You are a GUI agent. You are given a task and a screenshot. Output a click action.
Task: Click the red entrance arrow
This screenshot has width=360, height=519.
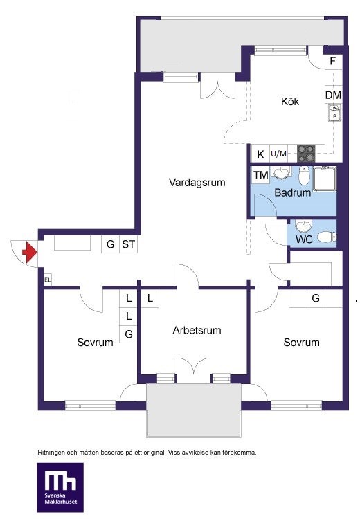pos(30,252)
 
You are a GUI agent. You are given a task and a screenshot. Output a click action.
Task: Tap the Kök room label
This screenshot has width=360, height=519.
pos(290,101)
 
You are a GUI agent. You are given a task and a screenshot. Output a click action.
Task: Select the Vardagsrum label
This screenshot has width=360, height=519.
pos(197,183)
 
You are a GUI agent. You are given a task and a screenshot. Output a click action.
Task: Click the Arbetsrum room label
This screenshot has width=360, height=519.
pos(197,330)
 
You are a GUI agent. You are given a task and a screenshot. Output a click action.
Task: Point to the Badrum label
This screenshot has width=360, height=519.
pos(293,192)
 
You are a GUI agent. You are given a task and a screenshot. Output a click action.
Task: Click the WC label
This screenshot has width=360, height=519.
pos(304,239)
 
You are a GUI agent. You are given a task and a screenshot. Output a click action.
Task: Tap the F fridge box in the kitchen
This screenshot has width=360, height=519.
pos(333,61)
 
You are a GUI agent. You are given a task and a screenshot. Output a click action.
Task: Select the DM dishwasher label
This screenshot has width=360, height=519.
pos(333,95)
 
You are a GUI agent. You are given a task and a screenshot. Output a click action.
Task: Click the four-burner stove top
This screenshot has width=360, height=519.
pos(306,154)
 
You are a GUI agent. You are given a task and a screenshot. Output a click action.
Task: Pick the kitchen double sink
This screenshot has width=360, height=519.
pos(335,113)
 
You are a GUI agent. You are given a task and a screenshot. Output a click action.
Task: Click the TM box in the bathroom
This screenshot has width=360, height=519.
pos(261,175)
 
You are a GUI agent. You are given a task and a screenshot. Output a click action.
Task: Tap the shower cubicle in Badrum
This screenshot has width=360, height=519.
pos(325,179)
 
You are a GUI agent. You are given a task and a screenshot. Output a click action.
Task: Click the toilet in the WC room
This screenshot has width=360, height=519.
pos(327,237)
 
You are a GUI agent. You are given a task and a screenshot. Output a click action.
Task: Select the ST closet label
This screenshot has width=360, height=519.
pos(128,244)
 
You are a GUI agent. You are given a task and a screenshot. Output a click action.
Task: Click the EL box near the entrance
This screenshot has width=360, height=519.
pos(48,280)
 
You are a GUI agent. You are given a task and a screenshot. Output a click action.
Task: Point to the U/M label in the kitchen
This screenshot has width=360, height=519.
pos(278,154)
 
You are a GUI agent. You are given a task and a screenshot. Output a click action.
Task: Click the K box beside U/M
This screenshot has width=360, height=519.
pos(260,154)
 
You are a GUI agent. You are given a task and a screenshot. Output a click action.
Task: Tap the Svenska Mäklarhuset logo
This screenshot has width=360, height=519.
pos(60,487)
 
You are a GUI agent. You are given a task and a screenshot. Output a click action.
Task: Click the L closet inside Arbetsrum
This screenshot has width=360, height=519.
pos(150,298)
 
